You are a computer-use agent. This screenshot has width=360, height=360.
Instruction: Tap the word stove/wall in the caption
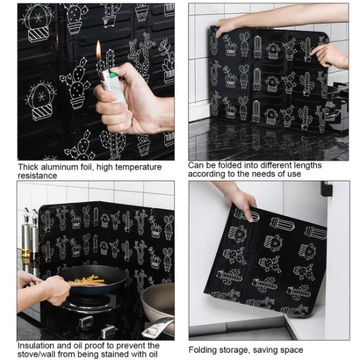[39, 353]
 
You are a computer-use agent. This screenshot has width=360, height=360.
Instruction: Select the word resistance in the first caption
[38, 175]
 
